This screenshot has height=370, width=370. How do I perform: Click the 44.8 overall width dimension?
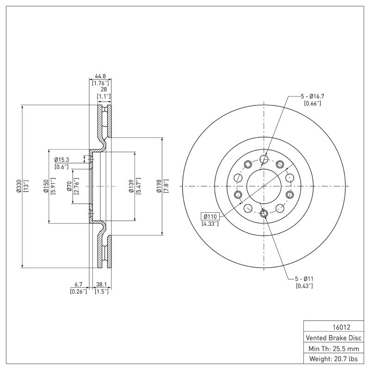[x=100, y=76]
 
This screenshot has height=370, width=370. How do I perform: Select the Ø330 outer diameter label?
[x=18, y=186]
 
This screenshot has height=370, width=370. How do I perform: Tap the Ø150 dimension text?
[x=46, y=186]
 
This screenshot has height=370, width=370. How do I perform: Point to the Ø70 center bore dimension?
[x=69, y=186]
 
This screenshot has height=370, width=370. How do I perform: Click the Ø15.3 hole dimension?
[x=61, y=159]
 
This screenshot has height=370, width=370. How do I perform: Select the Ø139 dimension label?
[x=131, y=186]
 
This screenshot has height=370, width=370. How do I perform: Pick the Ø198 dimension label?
[x=159, y=186]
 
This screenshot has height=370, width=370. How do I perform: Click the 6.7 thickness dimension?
[x=78, y=285]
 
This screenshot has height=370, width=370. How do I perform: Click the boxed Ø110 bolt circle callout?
[x=210, y=216]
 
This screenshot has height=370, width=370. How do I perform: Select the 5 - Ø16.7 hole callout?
[x=312, y=96]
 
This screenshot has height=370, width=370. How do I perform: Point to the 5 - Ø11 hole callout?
[x=304, y=279]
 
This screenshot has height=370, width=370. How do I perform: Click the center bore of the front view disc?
[x=264, y=186]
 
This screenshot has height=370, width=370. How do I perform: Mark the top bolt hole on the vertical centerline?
[x=264, y=160]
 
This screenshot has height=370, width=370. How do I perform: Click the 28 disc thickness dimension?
[x=104, y=90]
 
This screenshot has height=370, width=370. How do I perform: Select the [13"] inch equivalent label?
[x=25, y=186]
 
